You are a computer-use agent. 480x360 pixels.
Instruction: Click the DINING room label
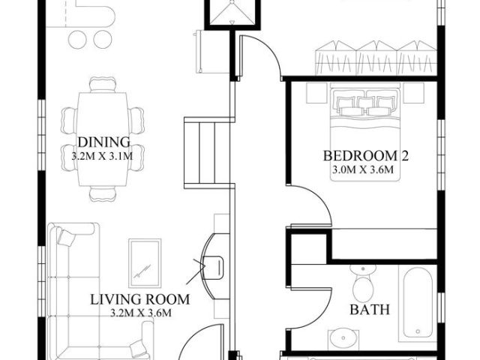click(x=104, y=142)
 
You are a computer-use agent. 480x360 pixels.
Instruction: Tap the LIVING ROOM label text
click(x=140, y=299)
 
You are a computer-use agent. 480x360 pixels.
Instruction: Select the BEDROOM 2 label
click(x=366, y=155)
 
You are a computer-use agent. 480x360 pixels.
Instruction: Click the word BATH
click(x=370, y=310)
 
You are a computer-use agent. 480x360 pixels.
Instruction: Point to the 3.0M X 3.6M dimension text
click(x=363, y=169)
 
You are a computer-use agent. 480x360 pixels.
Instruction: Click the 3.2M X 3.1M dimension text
click(x=102, y=156)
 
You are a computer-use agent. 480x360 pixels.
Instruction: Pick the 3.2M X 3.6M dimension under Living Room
click(x=140, y=313)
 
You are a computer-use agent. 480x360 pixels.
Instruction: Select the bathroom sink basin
click(x=343, y=338)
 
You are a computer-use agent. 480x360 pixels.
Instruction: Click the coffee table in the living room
click(x=145, y=263)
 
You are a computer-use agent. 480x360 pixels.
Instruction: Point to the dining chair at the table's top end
click(x=103, y=85)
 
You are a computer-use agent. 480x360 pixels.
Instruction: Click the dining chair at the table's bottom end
click(x=103, y=193)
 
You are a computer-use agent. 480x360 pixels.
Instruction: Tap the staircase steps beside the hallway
click(x=207, y=153)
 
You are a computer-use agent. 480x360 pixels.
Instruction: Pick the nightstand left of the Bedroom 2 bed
click(x=316, y=93)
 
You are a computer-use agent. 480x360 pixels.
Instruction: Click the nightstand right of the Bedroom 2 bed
click(x=414, y=93)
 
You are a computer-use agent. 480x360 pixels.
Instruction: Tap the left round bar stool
click(x=77, y=40)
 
